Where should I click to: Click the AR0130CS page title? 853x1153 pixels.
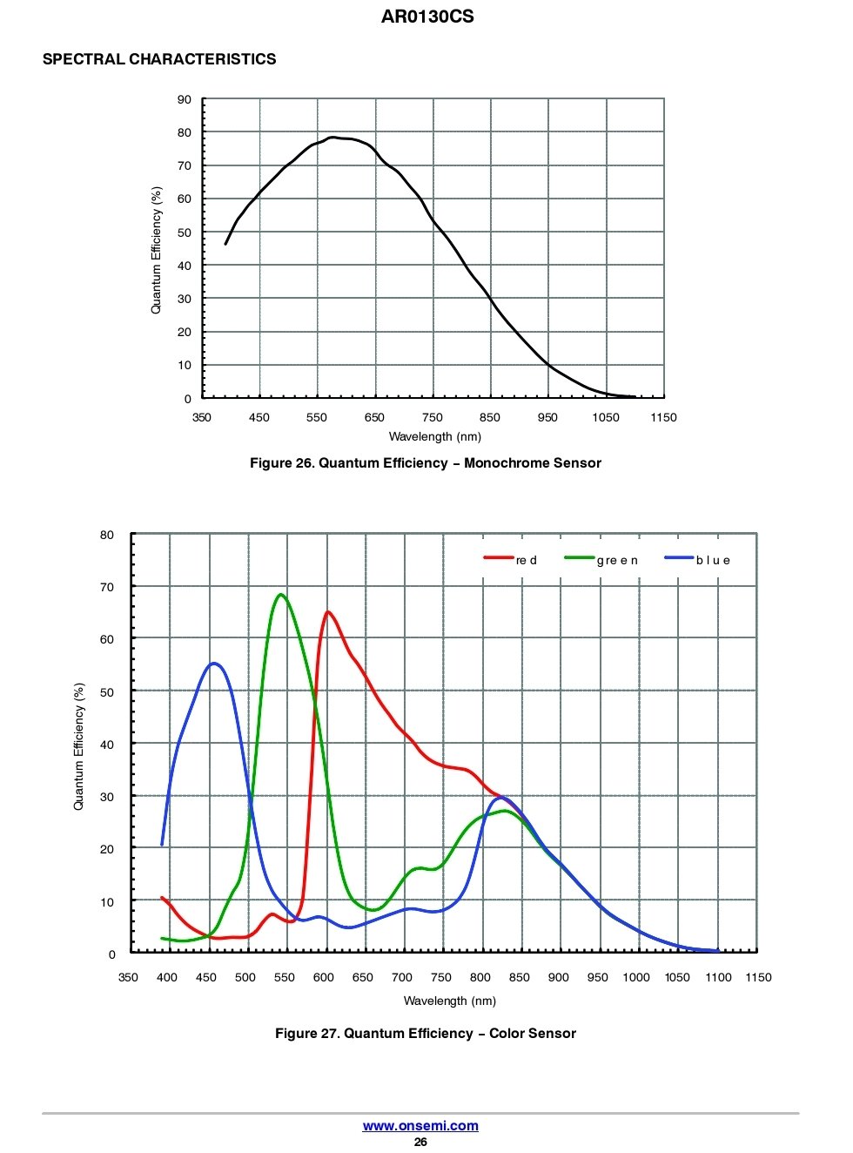click(426, 17)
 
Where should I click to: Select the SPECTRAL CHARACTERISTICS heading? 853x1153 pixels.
click(159, 59)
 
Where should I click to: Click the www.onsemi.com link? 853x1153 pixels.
click(420, 1125)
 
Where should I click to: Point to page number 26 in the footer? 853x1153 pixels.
click(420, 1142)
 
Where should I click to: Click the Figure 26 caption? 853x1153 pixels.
click(425, 463)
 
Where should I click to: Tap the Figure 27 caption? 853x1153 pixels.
click(425, 1034)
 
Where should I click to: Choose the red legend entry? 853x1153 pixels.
click(512, 559)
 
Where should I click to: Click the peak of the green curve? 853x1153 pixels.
click(280, 595)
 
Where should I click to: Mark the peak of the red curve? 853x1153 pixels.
click(327, 612)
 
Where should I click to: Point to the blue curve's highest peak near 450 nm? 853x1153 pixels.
click(214, 664)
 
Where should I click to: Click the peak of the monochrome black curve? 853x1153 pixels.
click(332, 137)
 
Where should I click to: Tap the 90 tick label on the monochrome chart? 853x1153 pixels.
click(185, 100)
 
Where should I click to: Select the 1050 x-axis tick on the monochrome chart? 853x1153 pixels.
click(605, 417)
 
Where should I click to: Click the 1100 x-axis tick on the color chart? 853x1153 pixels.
click(718, 977)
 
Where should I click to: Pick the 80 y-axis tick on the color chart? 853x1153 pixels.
click(107, 535)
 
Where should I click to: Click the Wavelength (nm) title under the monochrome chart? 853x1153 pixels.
click(434, 436)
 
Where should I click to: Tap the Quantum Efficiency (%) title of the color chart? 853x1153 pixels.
click(79, 746)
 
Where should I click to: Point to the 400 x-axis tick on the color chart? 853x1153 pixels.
click(166, 977)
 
